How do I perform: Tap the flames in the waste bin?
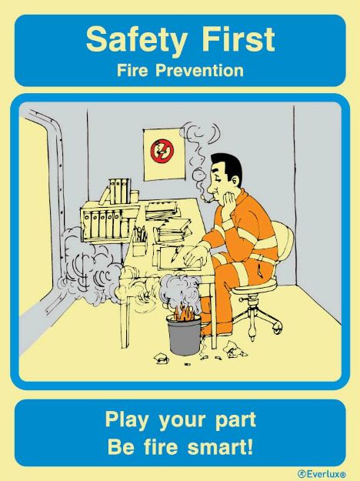(185, 314)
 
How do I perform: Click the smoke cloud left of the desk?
(88, 266)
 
